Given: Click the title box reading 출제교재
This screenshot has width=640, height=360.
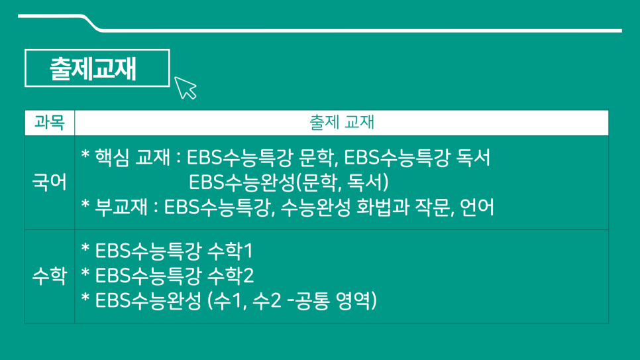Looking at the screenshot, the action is pyautogui.click(x=97, y=68).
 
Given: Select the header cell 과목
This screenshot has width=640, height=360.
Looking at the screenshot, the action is pyautogui.click(x=50, y=122).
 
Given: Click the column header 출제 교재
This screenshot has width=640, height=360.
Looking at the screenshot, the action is pyautogui.click(x=342, y=122).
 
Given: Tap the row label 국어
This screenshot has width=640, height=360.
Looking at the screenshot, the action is pyautogui.click(x=50, y=182).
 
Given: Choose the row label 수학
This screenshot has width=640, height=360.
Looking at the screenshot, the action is pyautogui.click(x=50, y=276).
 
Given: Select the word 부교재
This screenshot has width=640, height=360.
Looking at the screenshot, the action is pyautogui.click(x=121, y=207).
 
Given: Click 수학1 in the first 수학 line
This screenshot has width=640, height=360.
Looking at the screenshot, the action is pyautogui.click(x=230, y=251).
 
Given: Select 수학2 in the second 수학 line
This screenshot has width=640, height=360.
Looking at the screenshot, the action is pyautogui.click(x=231, y=275).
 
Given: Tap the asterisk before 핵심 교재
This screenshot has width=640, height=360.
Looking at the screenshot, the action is pyautogui.click(x=85, y=155).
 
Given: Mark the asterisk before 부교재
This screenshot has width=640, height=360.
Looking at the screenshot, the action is pyautogui.click(x=85, y=204).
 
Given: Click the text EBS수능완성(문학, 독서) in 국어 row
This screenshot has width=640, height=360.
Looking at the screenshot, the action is pyautogui.click(x=289, y=182).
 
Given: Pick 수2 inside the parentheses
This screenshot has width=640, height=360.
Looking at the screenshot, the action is pyautogui.click(x=267, y=301).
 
